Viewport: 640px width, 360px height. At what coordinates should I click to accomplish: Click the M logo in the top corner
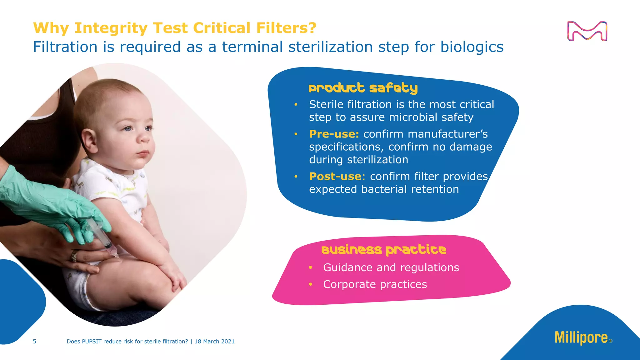[x=587, y=31]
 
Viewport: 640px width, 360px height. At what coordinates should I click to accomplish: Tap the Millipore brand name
[x=581, y=338]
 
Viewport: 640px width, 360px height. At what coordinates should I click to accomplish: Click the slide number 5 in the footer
[x=34, y=342]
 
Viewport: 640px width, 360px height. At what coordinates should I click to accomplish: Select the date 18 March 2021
[x=214, y=342]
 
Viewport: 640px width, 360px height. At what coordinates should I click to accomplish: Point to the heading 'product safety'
[x=363, y=88]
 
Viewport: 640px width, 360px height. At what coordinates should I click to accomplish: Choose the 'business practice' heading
[x=384, y=250]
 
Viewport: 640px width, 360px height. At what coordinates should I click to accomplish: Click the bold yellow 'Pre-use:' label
[x=334, y=134]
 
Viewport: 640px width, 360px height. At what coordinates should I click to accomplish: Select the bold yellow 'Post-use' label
[x=335, y=177]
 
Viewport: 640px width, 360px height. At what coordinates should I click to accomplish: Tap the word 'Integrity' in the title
[x=111, y=28]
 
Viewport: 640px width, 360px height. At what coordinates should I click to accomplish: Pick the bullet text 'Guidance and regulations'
[x=391, y=267]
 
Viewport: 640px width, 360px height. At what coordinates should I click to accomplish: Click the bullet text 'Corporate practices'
[x=375, y=284]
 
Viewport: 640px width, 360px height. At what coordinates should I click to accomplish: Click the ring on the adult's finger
[x=74, y=256]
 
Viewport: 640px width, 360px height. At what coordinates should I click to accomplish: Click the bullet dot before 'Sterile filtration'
[x=296, y=104]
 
